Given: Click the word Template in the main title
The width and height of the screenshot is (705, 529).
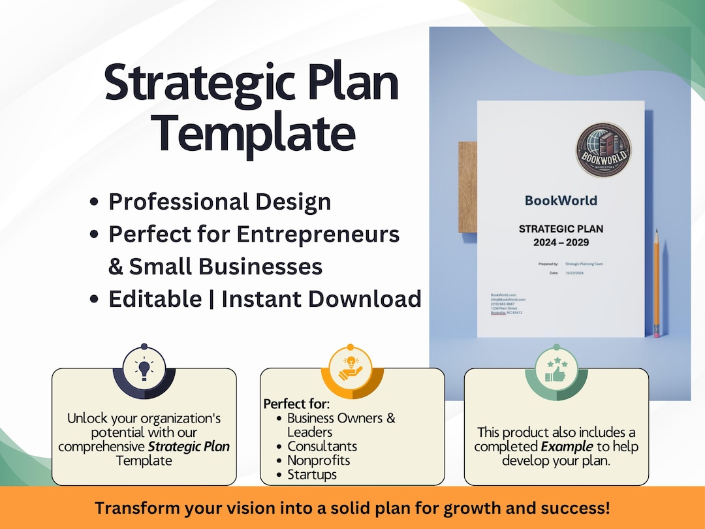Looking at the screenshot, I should tap(255, 133).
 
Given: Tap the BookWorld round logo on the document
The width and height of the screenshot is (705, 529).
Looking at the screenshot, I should tap(603, 150).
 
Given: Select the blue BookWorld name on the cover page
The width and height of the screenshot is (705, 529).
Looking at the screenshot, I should tap(561, 200).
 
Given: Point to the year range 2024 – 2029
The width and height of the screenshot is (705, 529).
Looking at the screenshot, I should tap(561, 242).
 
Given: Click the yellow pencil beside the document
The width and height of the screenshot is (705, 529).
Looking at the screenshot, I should tap(656, 281).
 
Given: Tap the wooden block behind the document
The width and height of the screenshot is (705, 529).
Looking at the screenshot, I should tap(467, 187).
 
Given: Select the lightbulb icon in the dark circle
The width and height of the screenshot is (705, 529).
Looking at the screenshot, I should tap(144, 368).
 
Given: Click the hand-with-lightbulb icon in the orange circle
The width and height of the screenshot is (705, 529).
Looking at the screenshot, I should tap(351, 368).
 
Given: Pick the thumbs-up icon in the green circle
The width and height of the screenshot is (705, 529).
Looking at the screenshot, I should tap(556, 368).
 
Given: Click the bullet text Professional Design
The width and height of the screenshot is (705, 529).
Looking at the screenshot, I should tap(219, 202).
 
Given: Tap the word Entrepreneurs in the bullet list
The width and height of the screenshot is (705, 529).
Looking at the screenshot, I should tap(318, 234).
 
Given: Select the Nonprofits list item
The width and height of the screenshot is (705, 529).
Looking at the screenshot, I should tap(319, 460).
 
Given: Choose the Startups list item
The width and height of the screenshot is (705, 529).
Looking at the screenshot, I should tap(312, 475).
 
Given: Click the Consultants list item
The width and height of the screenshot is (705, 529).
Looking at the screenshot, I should tap(322, 446).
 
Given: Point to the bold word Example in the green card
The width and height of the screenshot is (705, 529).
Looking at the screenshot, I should tap(567, 447).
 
